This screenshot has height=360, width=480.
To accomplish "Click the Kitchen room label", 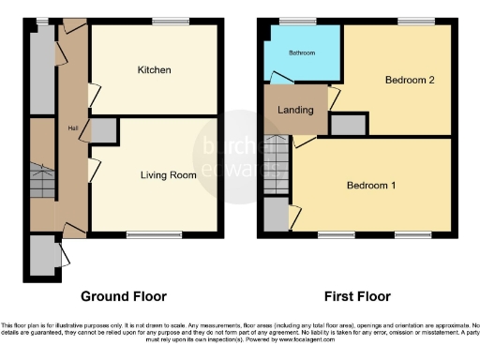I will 153,70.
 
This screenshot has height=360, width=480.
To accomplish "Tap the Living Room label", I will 166,175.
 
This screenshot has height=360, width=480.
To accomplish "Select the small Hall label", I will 71,128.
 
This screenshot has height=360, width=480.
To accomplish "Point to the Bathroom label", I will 302,53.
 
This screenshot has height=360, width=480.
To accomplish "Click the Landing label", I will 296,110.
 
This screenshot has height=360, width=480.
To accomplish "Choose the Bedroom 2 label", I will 409,81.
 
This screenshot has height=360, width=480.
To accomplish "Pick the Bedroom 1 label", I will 371,186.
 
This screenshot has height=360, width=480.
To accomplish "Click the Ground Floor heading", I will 123,296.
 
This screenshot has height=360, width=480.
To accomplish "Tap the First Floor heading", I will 357,296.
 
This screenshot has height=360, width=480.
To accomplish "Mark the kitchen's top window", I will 170,22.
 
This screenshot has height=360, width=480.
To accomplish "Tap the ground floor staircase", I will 42,181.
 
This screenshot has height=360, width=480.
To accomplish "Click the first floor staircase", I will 275,166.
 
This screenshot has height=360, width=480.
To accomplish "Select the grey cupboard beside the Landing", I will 348,125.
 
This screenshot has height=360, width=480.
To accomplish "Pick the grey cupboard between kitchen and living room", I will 104,131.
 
